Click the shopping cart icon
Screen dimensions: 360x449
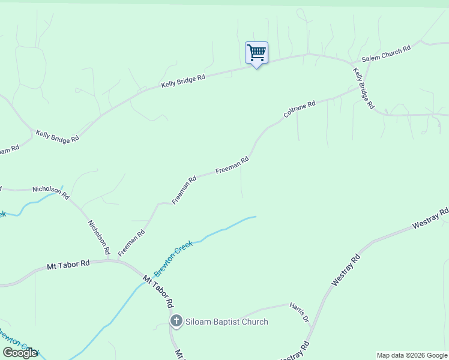(x=256, y=53)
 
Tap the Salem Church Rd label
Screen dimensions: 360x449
(x=385, y=54)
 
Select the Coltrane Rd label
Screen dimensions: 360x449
(x=299, y=109)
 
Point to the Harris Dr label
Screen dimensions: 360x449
(x=298, y=311)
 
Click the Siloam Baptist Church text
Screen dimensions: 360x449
(x=226, y=322)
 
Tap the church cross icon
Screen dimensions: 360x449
(x=176, y=321)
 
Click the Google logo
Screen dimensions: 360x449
(x=20, y=353)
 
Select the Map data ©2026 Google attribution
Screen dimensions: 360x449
(x=412, y=355)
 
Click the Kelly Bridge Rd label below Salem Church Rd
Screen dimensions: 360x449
(x=364, y=88)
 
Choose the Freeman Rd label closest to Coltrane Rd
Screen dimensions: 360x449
(x=232, y=166)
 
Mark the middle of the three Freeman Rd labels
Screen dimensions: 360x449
(x=184, y=190)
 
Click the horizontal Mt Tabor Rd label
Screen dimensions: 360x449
(x=68, y=264)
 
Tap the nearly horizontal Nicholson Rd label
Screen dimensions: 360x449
(x=51, y=192)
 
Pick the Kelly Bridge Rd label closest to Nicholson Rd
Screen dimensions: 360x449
(x=57, y=136)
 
